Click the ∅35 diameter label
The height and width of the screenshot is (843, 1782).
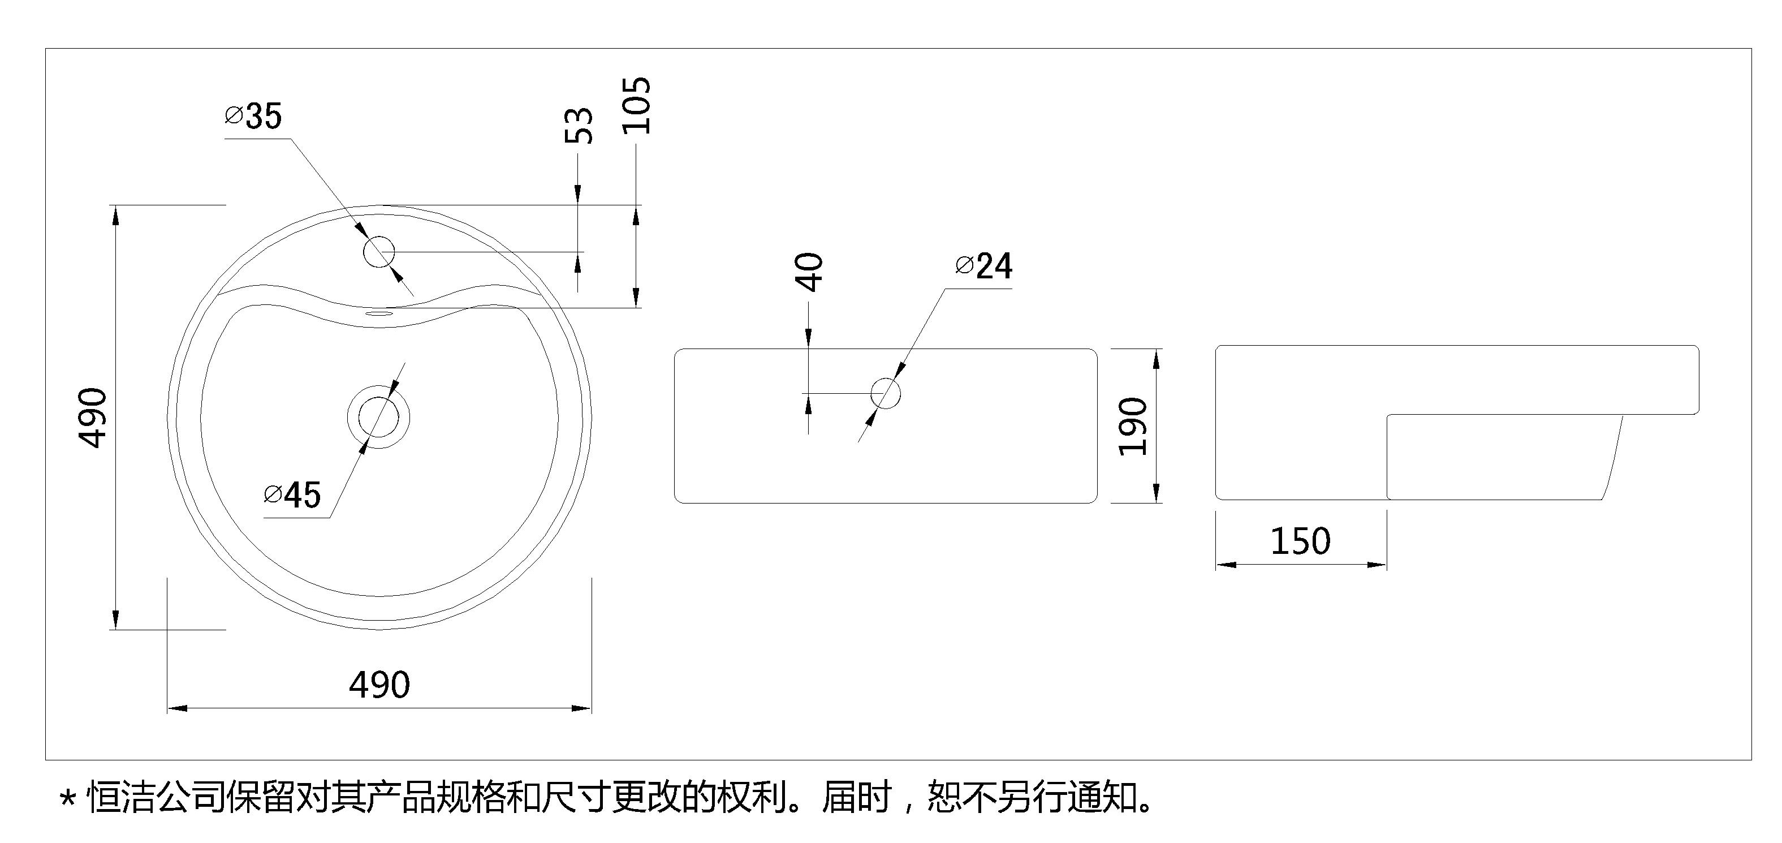click(254, 117)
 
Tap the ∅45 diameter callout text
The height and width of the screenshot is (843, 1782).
click(292, 496)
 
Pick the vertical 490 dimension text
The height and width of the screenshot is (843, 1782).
click(93, 418)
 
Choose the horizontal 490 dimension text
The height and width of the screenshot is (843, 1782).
click(379, 685)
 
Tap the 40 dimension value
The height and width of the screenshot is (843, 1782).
click(809, 272)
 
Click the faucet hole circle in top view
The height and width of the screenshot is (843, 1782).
click(379, 252)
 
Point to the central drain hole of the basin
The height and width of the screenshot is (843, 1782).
click(378, 418)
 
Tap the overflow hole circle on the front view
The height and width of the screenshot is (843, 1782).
click(886, 393)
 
